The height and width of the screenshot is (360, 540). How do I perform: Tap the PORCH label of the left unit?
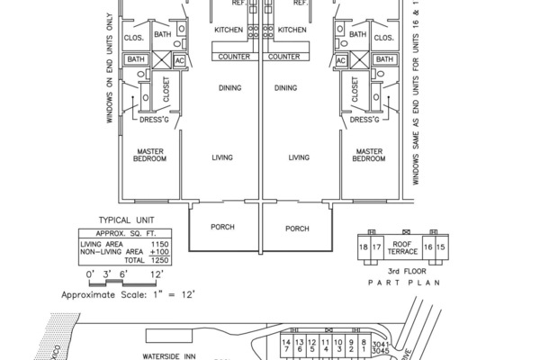click(221, 228)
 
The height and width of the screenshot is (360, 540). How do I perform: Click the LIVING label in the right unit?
click(299, 157)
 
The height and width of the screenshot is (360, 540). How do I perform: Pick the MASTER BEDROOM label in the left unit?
click(150, 155)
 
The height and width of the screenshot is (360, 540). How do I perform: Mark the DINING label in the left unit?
click(231, 88)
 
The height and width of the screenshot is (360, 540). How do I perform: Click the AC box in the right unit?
click(341, 60)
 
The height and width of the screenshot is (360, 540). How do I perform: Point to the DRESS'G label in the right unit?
click(364, 119)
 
